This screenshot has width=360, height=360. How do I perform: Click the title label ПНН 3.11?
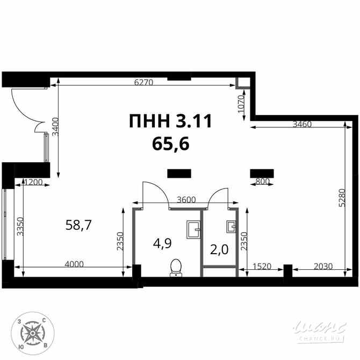tap(170, 121)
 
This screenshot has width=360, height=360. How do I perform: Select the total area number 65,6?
tap(171, 143)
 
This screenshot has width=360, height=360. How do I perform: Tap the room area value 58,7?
tap(78, 225)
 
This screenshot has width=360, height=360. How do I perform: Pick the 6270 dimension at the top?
tap(144, 82)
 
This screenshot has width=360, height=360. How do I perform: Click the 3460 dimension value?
tap(303, 124)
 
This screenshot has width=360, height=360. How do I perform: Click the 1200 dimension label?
tap(33, 182)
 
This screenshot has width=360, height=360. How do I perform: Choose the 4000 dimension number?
tap(74, 264)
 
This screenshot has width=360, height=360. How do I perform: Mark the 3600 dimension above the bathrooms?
tap(186, 199)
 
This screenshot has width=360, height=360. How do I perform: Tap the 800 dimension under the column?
tap(262, 182)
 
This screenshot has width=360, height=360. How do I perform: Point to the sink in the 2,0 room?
tap(232, 226)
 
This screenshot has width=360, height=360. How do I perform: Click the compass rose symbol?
tap(32, 333)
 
